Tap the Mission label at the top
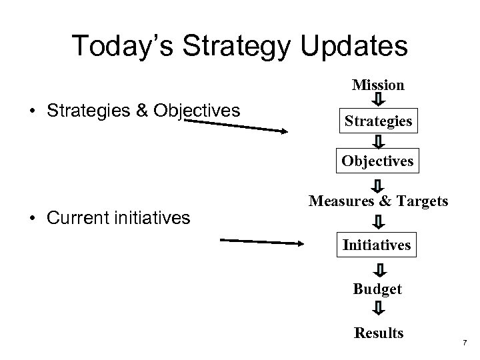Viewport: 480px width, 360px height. (378, 85)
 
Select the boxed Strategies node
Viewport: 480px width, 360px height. (378, 122)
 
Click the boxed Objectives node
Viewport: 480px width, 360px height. (378, 161)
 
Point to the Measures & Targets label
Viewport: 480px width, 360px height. (378, 201)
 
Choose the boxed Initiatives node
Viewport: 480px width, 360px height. (377, 245)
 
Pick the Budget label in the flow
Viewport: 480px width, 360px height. (378, 289)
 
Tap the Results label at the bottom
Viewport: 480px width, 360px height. (379, 333)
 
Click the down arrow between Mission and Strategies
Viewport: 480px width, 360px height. (378, 101)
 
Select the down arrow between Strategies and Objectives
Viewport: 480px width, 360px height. (378, 142)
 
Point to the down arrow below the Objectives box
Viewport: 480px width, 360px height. (378, 184)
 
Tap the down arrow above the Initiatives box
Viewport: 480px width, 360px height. (378, 221)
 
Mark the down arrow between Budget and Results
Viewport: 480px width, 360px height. (378, 309)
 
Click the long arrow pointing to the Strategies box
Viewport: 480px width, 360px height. (235, 126)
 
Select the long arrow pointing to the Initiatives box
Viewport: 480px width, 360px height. (261, 242)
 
